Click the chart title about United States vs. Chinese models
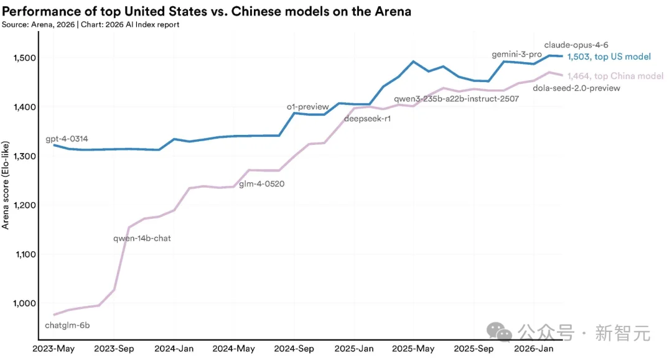tap(207, 12)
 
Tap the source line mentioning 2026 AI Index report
tap(91, 24)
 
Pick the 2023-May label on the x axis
tap(53, 349)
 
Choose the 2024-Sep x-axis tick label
tap(294, 349)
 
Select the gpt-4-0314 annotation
tap(67, 140)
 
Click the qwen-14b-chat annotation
tap(142, 238)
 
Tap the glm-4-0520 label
tap(262, 184)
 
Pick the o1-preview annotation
tap(307, 107)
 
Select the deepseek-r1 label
tap(367, 119)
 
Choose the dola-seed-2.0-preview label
tap(577, 88)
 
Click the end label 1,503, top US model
tap(609, 57)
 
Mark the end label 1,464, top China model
tap(615, 76)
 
